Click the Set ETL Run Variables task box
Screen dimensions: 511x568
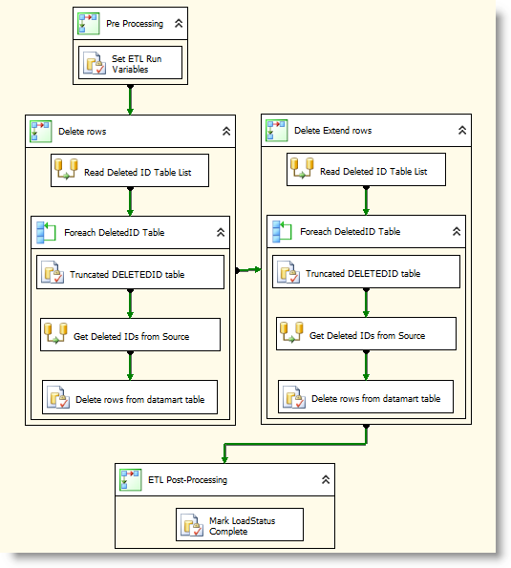[x=130, y=62]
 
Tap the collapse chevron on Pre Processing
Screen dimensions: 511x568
[x=179, y=24]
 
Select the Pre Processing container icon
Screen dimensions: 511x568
[x=89, y=24]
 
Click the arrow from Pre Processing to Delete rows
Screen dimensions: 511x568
[x=130, y=99]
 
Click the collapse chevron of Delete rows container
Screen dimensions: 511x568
[x=226, y=131]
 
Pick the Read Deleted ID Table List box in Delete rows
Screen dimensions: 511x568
[x=130, y=171]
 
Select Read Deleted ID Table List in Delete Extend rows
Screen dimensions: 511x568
[x=366, y=170]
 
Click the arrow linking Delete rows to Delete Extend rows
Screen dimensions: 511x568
[x=248, y=270]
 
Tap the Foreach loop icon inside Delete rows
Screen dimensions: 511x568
[x=46, y=233]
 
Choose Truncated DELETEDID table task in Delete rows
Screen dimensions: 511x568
[x=130, y=272]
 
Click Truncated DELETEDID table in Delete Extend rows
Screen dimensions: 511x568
[x=366, y=271]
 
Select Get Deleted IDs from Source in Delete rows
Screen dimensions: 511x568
[x=130, y=335]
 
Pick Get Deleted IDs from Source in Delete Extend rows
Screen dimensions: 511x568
[x=366, y=333]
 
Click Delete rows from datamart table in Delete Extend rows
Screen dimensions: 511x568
[x=366, y=397]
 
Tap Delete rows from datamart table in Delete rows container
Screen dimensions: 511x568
[x=130, y=397]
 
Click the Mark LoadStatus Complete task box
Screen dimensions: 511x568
[x=240, y=524]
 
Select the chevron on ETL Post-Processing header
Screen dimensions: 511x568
[x=326, y=479]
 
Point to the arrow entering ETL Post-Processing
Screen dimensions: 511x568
[x=295, y=444]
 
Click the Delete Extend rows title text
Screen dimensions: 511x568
[x=332, y=131]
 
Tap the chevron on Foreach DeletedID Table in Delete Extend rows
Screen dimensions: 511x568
[x=457, y=231]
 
